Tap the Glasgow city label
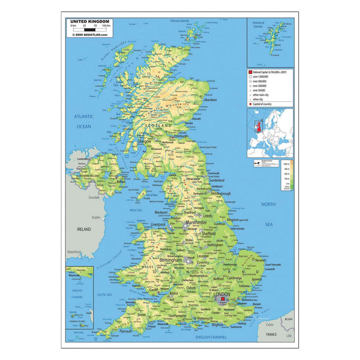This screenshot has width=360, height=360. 146,142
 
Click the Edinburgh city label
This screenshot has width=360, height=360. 181,136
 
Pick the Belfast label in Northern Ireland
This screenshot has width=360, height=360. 121,181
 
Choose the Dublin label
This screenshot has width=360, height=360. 96,217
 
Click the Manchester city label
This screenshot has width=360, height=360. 196,223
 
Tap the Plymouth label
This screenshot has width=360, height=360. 125,331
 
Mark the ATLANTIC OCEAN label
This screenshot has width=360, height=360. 83,121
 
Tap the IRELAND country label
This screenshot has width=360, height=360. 83,229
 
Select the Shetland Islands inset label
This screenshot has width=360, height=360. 259,26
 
